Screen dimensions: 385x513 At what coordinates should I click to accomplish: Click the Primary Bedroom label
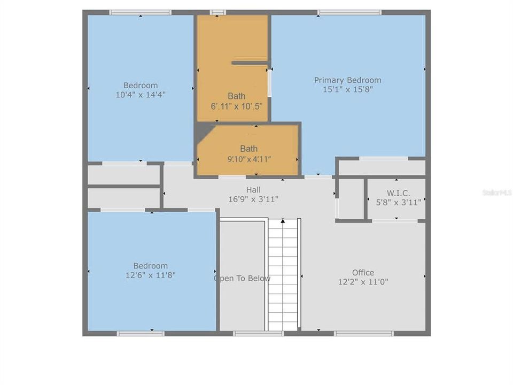pyautogui.click(x=347, y=80)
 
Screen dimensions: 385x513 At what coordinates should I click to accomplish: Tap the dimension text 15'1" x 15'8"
pyautogui.click(x=347, y=90)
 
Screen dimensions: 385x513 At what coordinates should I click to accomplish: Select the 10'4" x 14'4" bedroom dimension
pyautogui.click(x=141, y=95)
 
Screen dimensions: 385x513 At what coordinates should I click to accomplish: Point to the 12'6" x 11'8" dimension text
pyautogui.click(x=150, y=275)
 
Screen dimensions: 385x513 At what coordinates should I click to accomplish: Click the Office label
pyautogui.click(x=363, y=272)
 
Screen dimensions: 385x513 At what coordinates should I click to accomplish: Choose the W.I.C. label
pyautogui.click(x=398, y=192)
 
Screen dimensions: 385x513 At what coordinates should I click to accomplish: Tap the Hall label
pyautogui.click(x=253, y=190)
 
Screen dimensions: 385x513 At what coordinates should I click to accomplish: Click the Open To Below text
pyautogui.click(x=242, y=278)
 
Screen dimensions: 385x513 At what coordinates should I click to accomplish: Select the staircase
pyautogui.click(x=283, y=278)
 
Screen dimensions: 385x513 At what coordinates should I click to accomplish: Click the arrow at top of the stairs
pyautogui.click(x=283, y=220)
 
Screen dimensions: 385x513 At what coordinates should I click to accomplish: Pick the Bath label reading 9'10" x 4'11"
pyautogui.click(x=248, y=149)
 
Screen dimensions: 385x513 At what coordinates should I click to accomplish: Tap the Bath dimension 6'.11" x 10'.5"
pyautogui.click(x=236, y=106)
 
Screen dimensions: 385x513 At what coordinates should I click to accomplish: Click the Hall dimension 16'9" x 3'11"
pyautogui.click(x=253, y=199)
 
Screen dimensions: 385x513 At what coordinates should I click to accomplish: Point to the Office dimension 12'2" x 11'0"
pyautogui.click(x=363, y=281)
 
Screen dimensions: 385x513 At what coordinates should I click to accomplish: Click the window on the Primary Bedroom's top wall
pyautogui.click(x=349, y=12)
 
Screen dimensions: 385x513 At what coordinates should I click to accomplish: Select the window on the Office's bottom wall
pyautogui.click(x=363, y=334)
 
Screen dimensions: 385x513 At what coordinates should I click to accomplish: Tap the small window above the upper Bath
pyautogui.click(x=217, y=12)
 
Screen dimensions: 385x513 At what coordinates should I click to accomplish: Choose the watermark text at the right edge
pyautogui.click(x=496, y=191)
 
